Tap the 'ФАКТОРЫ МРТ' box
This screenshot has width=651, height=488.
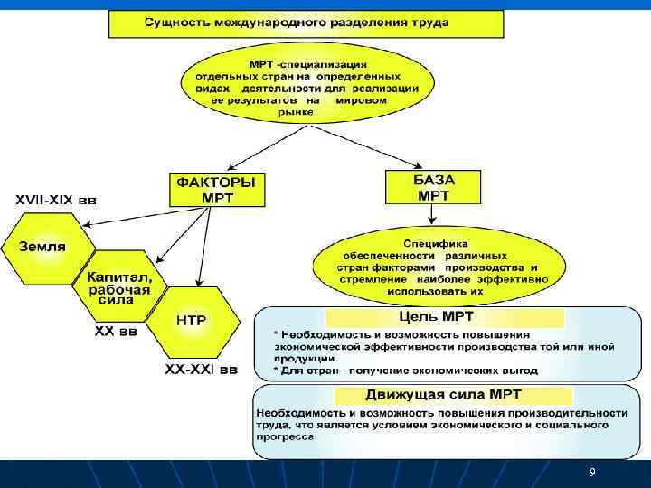coord(217,190)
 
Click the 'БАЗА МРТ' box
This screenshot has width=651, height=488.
coord(433,188)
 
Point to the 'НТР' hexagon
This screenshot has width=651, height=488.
coord(191,322)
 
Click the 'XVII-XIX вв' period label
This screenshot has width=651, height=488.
coord(54,200)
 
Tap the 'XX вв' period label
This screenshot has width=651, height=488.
coord(117,333)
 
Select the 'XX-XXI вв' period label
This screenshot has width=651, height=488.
coord(201,370)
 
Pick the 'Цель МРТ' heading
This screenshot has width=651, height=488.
coord(438,316)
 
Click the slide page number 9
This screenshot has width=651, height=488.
coord(592,473)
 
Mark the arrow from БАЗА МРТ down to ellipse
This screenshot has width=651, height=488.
coord(433,216)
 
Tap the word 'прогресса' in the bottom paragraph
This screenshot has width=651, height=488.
coord(286,436)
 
